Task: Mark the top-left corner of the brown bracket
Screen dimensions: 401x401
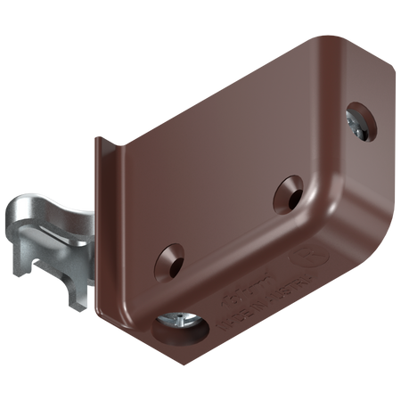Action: (97, 138)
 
